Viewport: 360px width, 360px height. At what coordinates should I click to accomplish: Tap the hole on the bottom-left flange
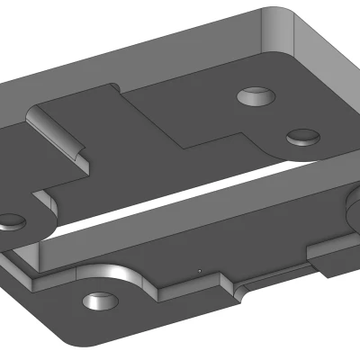click(95, 301)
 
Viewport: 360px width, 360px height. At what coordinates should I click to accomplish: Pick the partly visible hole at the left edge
click(9, 219)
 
